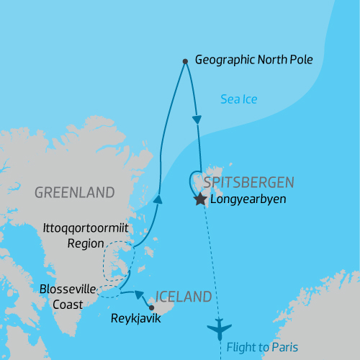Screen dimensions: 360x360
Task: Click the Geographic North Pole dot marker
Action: tap(185, 61)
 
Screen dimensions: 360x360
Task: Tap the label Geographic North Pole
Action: tap(254, 60)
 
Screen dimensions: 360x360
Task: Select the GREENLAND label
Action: tap(74, 192)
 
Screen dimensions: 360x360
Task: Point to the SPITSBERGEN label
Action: tap(249, 182)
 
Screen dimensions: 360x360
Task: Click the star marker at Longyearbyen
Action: tap(200, 200)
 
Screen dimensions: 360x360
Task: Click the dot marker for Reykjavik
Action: tap(150, 307)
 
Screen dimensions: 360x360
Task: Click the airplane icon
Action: tap(220, 330)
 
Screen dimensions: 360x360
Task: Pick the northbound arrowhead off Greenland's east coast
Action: tap(157, 199)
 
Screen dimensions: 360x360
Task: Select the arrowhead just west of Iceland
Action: tap(138, 294)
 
